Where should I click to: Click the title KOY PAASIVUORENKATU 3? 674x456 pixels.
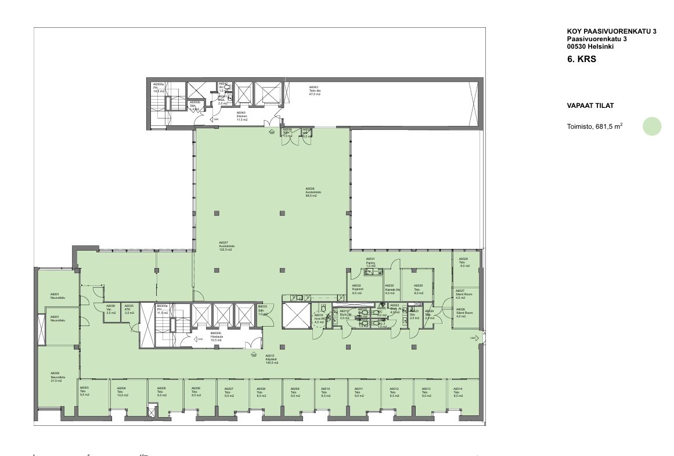coord(611,32)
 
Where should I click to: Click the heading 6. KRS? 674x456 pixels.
coord(582,59)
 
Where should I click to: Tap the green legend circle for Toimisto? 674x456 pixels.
coord(652,126)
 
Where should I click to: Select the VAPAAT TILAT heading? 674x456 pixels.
coord(590,106)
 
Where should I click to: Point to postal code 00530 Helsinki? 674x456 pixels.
coord(590,46)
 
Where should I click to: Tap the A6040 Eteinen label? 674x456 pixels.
coord(242,116)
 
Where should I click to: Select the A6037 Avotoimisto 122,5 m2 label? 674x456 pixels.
coord(225,246)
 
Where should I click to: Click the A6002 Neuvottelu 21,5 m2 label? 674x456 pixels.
coord(56,377)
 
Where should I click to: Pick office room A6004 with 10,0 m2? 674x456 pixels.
coord(122,392)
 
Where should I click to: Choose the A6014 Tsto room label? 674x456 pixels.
coord(458,392)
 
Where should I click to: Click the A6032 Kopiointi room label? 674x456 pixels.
coord(358,289)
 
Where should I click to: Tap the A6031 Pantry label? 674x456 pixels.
coord(371,262)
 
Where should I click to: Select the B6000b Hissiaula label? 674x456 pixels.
coord(217,335)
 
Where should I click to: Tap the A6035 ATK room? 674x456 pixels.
coord(129,309)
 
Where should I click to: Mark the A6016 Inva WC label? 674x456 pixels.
coord(319,319)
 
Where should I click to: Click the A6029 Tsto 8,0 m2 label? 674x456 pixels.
coord(419,289)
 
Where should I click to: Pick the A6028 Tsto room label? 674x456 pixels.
coord(463,262)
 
